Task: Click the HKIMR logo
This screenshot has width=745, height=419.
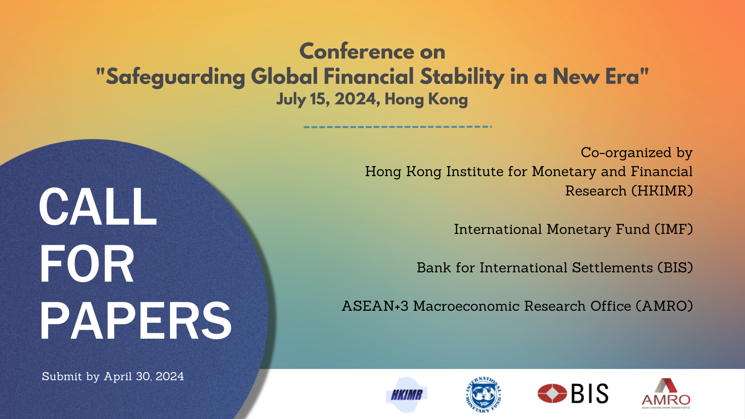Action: (407, 395)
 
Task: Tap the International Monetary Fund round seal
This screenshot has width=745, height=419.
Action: (483, 395)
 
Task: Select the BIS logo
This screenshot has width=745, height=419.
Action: (573, 393)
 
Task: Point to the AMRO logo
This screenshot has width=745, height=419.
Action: (666, 393)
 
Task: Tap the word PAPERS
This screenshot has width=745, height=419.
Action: (135, 321)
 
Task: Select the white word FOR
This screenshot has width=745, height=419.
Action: (87, 264)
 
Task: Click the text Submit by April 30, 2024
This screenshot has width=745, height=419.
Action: (113, 376)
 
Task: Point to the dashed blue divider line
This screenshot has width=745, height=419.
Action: (398, 126)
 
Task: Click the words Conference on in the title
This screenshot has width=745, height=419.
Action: (372, 52)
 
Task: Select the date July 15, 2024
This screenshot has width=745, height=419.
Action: (328, 99)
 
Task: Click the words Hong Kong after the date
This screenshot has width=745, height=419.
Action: (426, 99)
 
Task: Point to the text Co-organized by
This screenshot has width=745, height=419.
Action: (636, 152)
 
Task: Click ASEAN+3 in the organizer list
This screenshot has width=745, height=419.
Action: (375, 306)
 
